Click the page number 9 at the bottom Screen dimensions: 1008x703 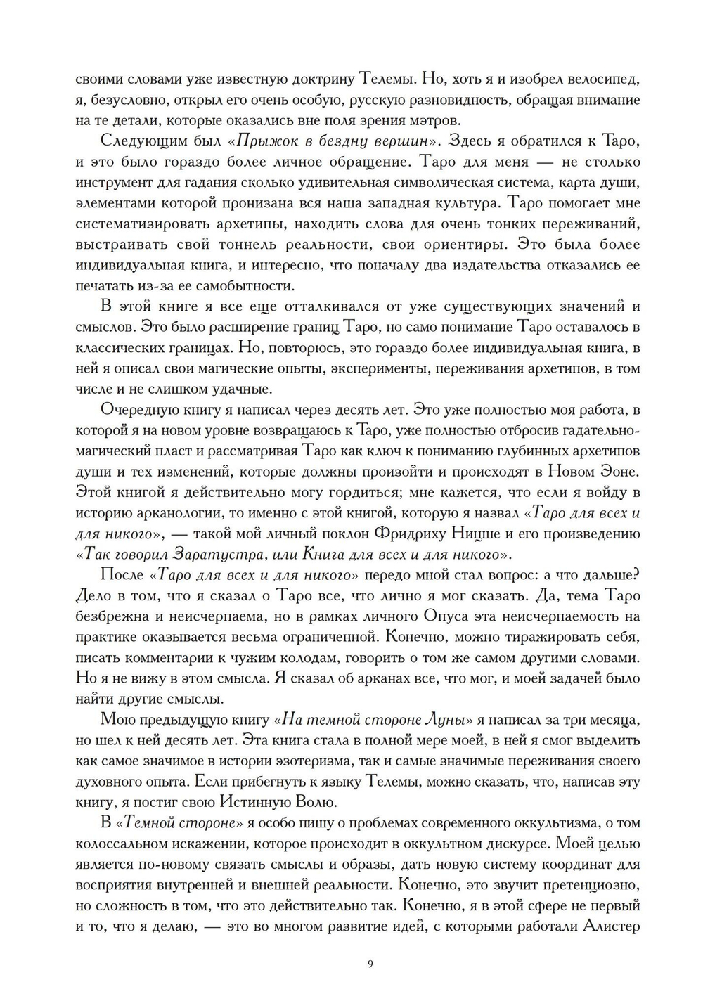coord(370,963)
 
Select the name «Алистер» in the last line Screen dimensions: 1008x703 coord(610,926)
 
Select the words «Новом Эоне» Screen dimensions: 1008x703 coord(595,472)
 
